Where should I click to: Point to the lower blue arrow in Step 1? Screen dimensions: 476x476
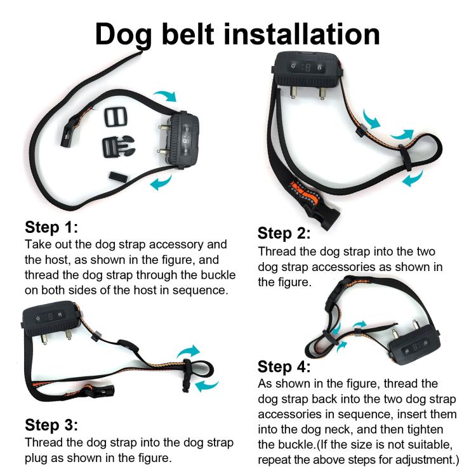[x=159, y=183]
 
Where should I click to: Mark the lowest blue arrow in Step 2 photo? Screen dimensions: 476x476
[x=413, y=179]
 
